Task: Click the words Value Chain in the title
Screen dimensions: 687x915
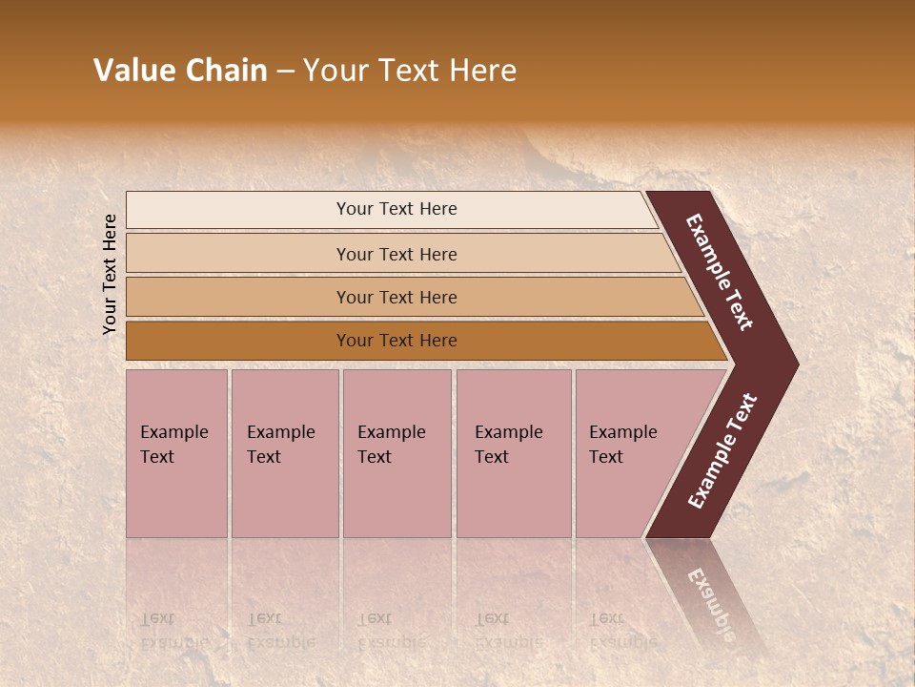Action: click(x=180, y=71)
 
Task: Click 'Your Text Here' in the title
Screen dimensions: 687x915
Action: click(x=410, y=71)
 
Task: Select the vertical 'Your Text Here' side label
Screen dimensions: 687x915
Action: click(x=110, y=274)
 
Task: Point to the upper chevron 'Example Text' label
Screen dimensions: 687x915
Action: click(x=720, y=272)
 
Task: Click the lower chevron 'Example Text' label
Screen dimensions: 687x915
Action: click(x=722, y=450)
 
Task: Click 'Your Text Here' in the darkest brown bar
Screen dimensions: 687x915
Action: click(x=396, y=341)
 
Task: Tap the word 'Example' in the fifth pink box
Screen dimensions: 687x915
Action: click(x=622, y=432)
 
